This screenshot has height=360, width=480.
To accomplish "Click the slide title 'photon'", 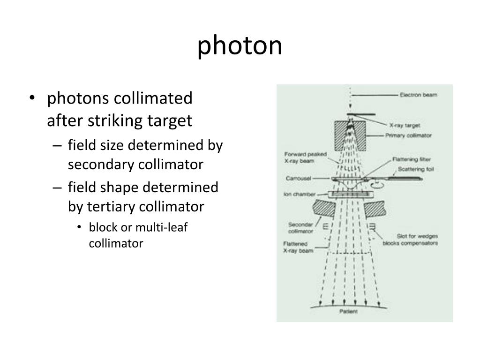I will [x=240, y=46].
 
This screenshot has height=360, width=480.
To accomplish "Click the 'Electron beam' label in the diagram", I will [x=418, y=95].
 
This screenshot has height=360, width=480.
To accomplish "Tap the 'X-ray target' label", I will [x=405, y=125].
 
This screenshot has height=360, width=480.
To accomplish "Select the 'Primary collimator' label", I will [x=408, y=135].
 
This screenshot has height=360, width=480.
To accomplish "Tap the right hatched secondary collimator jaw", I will [x=375, y=208].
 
